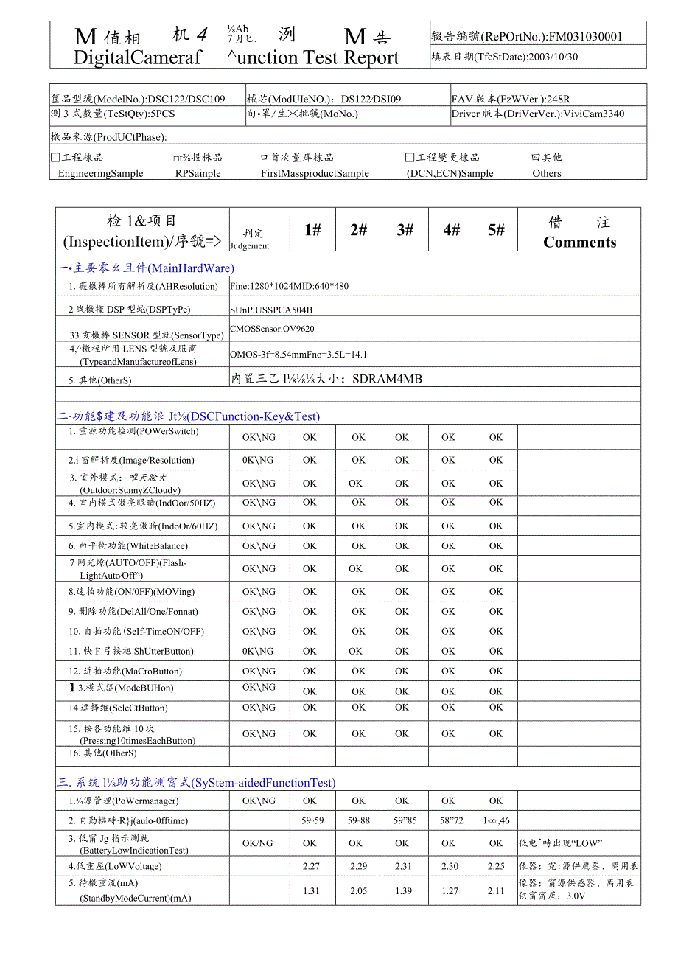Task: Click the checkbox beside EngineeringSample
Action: (x=55, y=157)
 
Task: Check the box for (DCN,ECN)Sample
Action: (x=410, y=157)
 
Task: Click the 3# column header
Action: (x=405, y=229)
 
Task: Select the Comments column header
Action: (x=579, y=243)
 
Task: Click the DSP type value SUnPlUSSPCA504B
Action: (x=271, y=310)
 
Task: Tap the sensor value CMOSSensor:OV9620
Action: (x=272, y=329)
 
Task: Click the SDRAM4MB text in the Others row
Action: (x=387, y=379)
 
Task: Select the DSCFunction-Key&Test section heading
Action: (x=254, y=416)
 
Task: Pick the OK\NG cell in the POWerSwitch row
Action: (x=259, y=437)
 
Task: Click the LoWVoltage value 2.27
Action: (x=310, y=867)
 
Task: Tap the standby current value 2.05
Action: (x=358, y=891)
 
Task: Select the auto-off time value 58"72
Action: (x=448, y=820)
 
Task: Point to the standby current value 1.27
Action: (x=450, y=891)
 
